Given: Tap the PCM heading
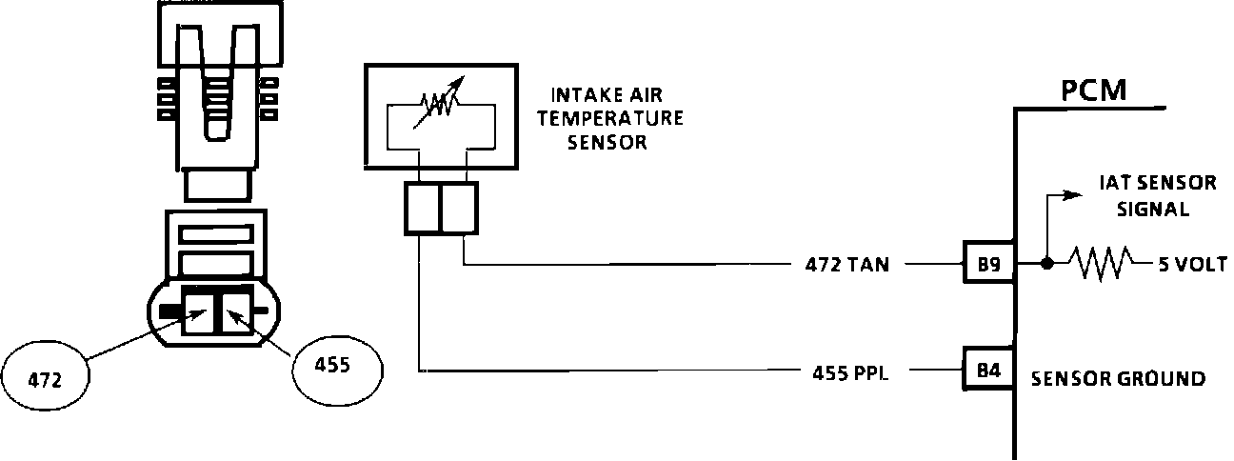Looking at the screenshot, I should click(1094, 90).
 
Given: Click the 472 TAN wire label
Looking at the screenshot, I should click(846, 265).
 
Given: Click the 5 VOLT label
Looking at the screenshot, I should click(1189, 265).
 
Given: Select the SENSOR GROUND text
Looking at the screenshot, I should click(1118, 379).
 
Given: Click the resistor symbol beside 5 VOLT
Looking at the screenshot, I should click(1099, 264).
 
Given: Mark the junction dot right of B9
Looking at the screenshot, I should click(1045, 264).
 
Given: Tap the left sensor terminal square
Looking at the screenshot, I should click(422, 209).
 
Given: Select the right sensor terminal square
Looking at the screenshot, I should click(458, 209).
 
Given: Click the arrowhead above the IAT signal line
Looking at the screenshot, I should click(1073, 194).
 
